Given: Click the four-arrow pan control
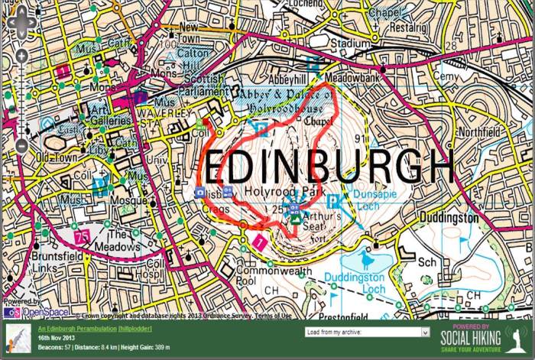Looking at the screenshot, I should [x=21, y=24].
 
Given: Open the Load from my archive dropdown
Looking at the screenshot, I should [x=367, y=332].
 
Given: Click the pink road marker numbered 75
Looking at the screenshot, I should [x=82, y=235].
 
